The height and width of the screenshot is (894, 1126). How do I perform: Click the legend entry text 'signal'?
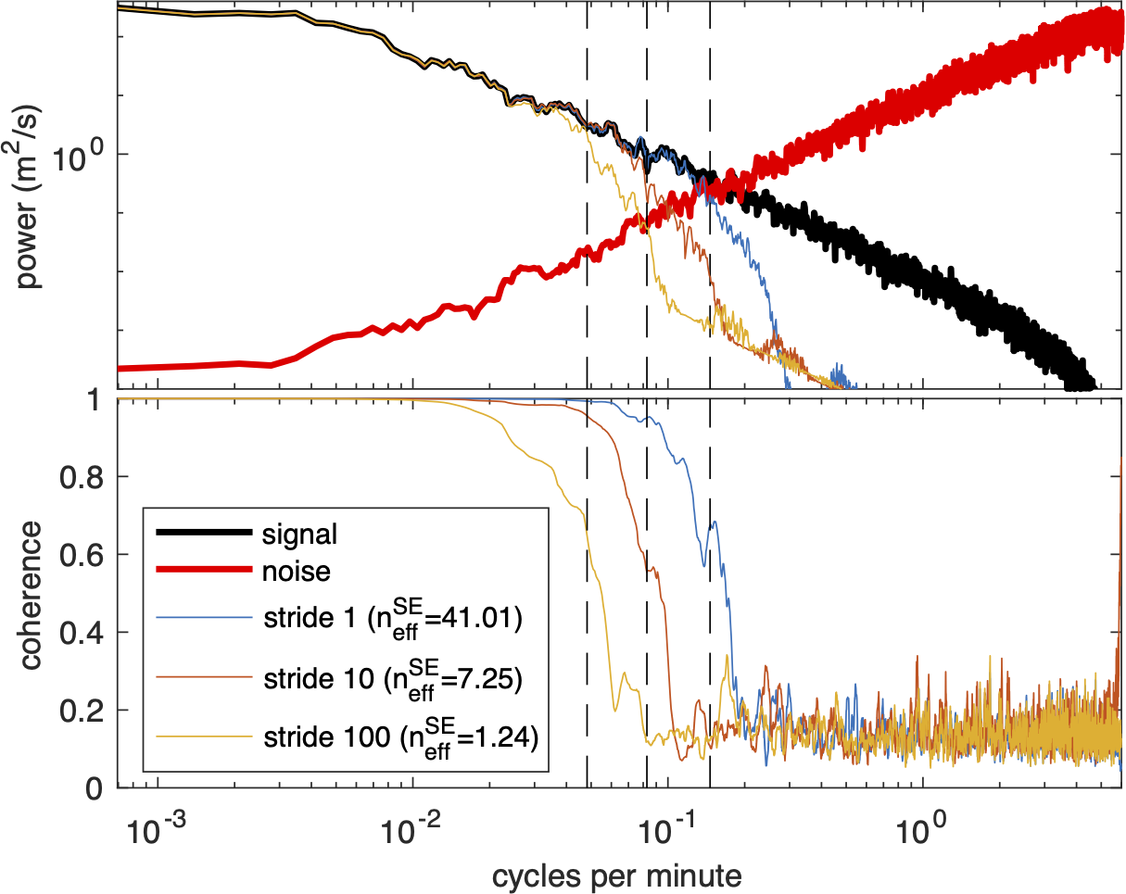[x=299, y=535]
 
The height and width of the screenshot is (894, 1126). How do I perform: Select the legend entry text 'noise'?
[x=297, y=572]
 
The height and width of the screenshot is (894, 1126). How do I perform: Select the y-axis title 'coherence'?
[x=30, y=594]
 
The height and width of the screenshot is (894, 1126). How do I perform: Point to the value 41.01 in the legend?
[x=483, y=616]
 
